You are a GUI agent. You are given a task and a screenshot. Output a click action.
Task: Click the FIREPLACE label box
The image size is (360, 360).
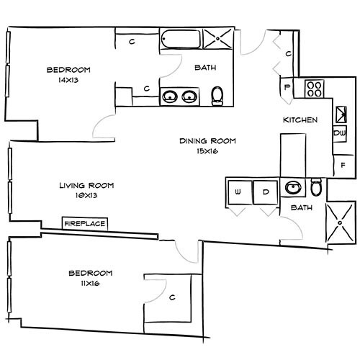[x=86, y=224]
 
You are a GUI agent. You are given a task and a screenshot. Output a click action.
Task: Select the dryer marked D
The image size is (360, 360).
[x=266, y=192]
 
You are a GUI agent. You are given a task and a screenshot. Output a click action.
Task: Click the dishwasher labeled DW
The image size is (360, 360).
[x=339, y=132]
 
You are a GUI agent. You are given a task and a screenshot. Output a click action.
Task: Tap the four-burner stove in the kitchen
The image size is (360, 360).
[x=314, y=89]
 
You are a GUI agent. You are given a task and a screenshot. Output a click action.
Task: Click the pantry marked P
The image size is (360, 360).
[x=287, y=88]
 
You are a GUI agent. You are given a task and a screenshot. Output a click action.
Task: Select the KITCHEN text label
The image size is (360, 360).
[x=300, y=120]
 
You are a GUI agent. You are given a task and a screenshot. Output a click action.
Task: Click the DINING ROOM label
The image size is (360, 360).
[x=208, y=141]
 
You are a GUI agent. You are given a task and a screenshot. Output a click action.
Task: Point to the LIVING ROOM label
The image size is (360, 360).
[x=86, y=185]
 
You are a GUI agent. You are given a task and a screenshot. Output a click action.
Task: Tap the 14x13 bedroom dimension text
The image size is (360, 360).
[x=68, y=80]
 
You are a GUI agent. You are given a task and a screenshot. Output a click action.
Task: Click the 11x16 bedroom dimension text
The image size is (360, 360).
[x=90, y=283]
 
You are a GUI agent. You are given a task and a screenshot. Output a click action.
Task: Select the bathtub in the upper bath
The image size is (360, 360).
[x=180, y=39]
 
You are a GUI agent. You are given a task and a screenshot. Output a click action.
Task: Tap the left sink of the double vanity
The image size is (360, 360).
[x=170, y=95]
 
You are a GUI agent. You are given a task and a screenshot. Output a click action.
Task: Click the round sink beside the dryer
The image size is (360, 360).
[x=292, y=189]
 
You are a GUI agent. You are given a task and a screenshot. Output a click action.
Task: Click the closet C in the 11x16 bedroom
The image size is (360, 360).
[x=171, y=297]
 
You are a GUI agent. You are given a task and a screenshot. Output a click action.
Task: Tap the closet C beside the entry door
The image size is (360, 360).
[x=287, y=53]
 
